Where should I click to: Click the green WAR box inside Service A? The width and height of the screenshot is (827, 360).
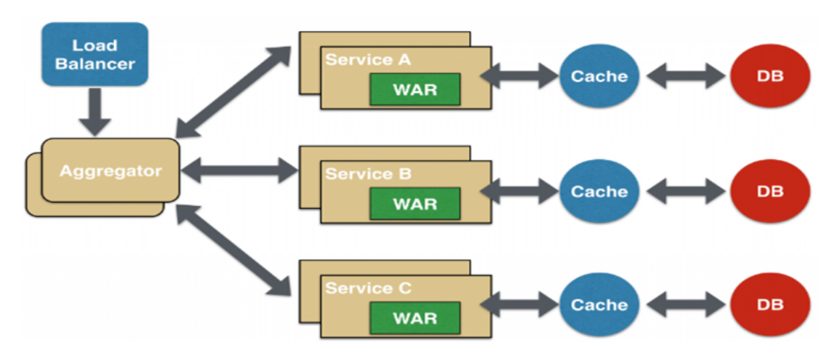click(415, 90)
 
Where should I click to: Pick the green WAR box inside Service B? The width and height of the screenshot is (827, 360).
click(415, 204)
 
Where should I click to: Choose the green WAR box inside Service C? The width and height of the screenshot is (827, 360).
click(415, 318)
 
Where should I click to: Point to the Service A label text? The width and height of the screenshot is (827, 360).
click(368, 60)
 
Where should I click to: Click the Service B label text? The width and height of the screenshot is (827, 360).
click(368, 174)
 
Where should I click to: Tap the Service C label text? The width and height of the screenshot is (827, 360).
click(368, 288)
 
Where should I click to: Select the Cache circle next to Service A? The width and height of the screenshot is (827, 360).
click(599, 76)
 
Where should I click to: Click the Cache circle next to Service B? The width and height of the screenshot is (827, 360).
click(599, 191)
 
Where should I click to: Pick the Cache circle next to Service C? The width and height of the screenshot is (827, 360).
click(599, 304)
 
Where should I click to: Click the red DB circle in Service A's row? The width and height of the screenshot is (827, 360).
click(770, 76)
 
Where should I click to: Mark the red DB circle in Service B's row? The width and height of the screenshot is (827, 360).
click(770, 191)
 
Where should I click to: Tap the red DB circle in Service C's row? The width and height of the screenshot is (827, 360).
click(770, 304)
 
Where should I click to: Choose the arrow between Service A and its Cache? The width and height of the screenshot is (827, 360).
click(519, 75)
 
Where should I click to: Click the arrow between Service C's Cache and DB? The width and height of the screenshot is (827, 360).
click(685, 304)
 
